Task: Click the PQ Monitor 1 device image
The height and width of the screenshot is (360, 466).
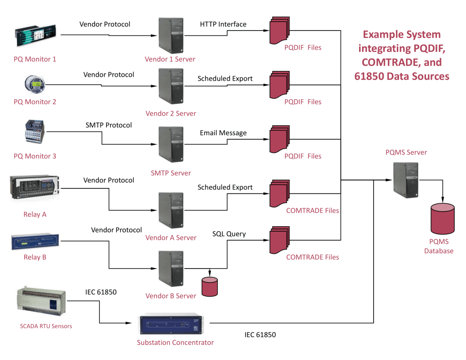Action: coord(36,36)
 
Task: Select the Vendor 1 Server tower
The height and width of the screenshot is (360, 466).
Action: coord(171,35)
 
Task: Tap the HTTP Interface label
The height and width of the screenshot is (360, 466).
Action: coord(223,24)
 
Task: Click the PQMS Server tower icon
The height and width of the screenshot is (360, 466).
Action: coord(405,180)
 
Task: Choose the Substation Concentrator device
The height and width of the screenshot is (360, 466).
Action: coord(175,324)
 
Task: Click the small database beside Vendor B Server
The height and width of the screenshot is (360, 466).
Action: coord(210,286)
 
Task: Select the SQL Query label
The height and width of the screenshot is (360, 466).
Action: coord(229,234)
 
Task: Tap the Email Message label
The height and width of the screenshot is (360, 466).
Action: coord(223,133)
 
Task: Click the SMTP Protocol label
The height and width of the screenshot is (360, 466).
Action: coord(108,125)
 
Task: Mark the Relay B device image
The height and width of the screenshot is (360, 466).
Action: coord(35,243)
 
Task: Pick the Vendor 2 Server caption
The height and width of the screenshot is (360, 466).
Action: coord(171,113)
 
